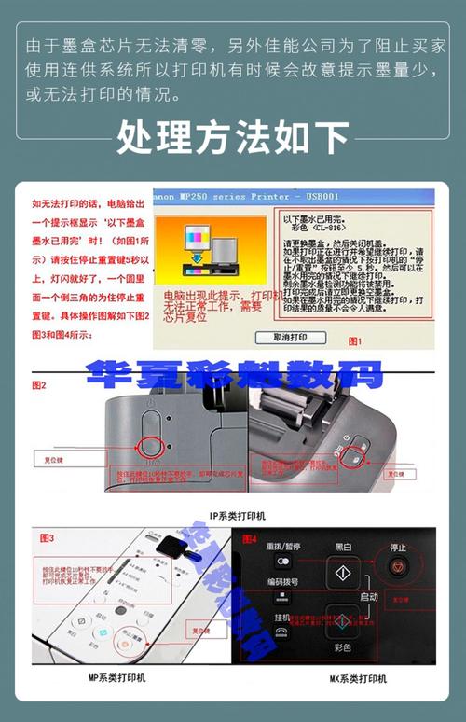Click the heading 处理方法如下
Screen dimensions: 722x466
click(233, 137)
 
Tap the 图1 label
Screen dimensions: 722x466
click(354, 341)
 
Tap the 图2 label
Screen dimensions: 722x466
click(39, 384)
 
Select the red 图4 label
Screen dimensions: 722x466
click(249, 538)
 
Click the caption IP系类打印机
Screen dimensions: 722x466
click(237, 515)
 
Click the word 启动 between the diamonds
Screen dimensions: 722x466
click(368, 596)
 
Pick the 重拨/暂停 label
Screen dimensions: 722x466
click(282, 546)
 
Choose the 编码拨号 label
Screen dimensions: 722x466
click(282, 580)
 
